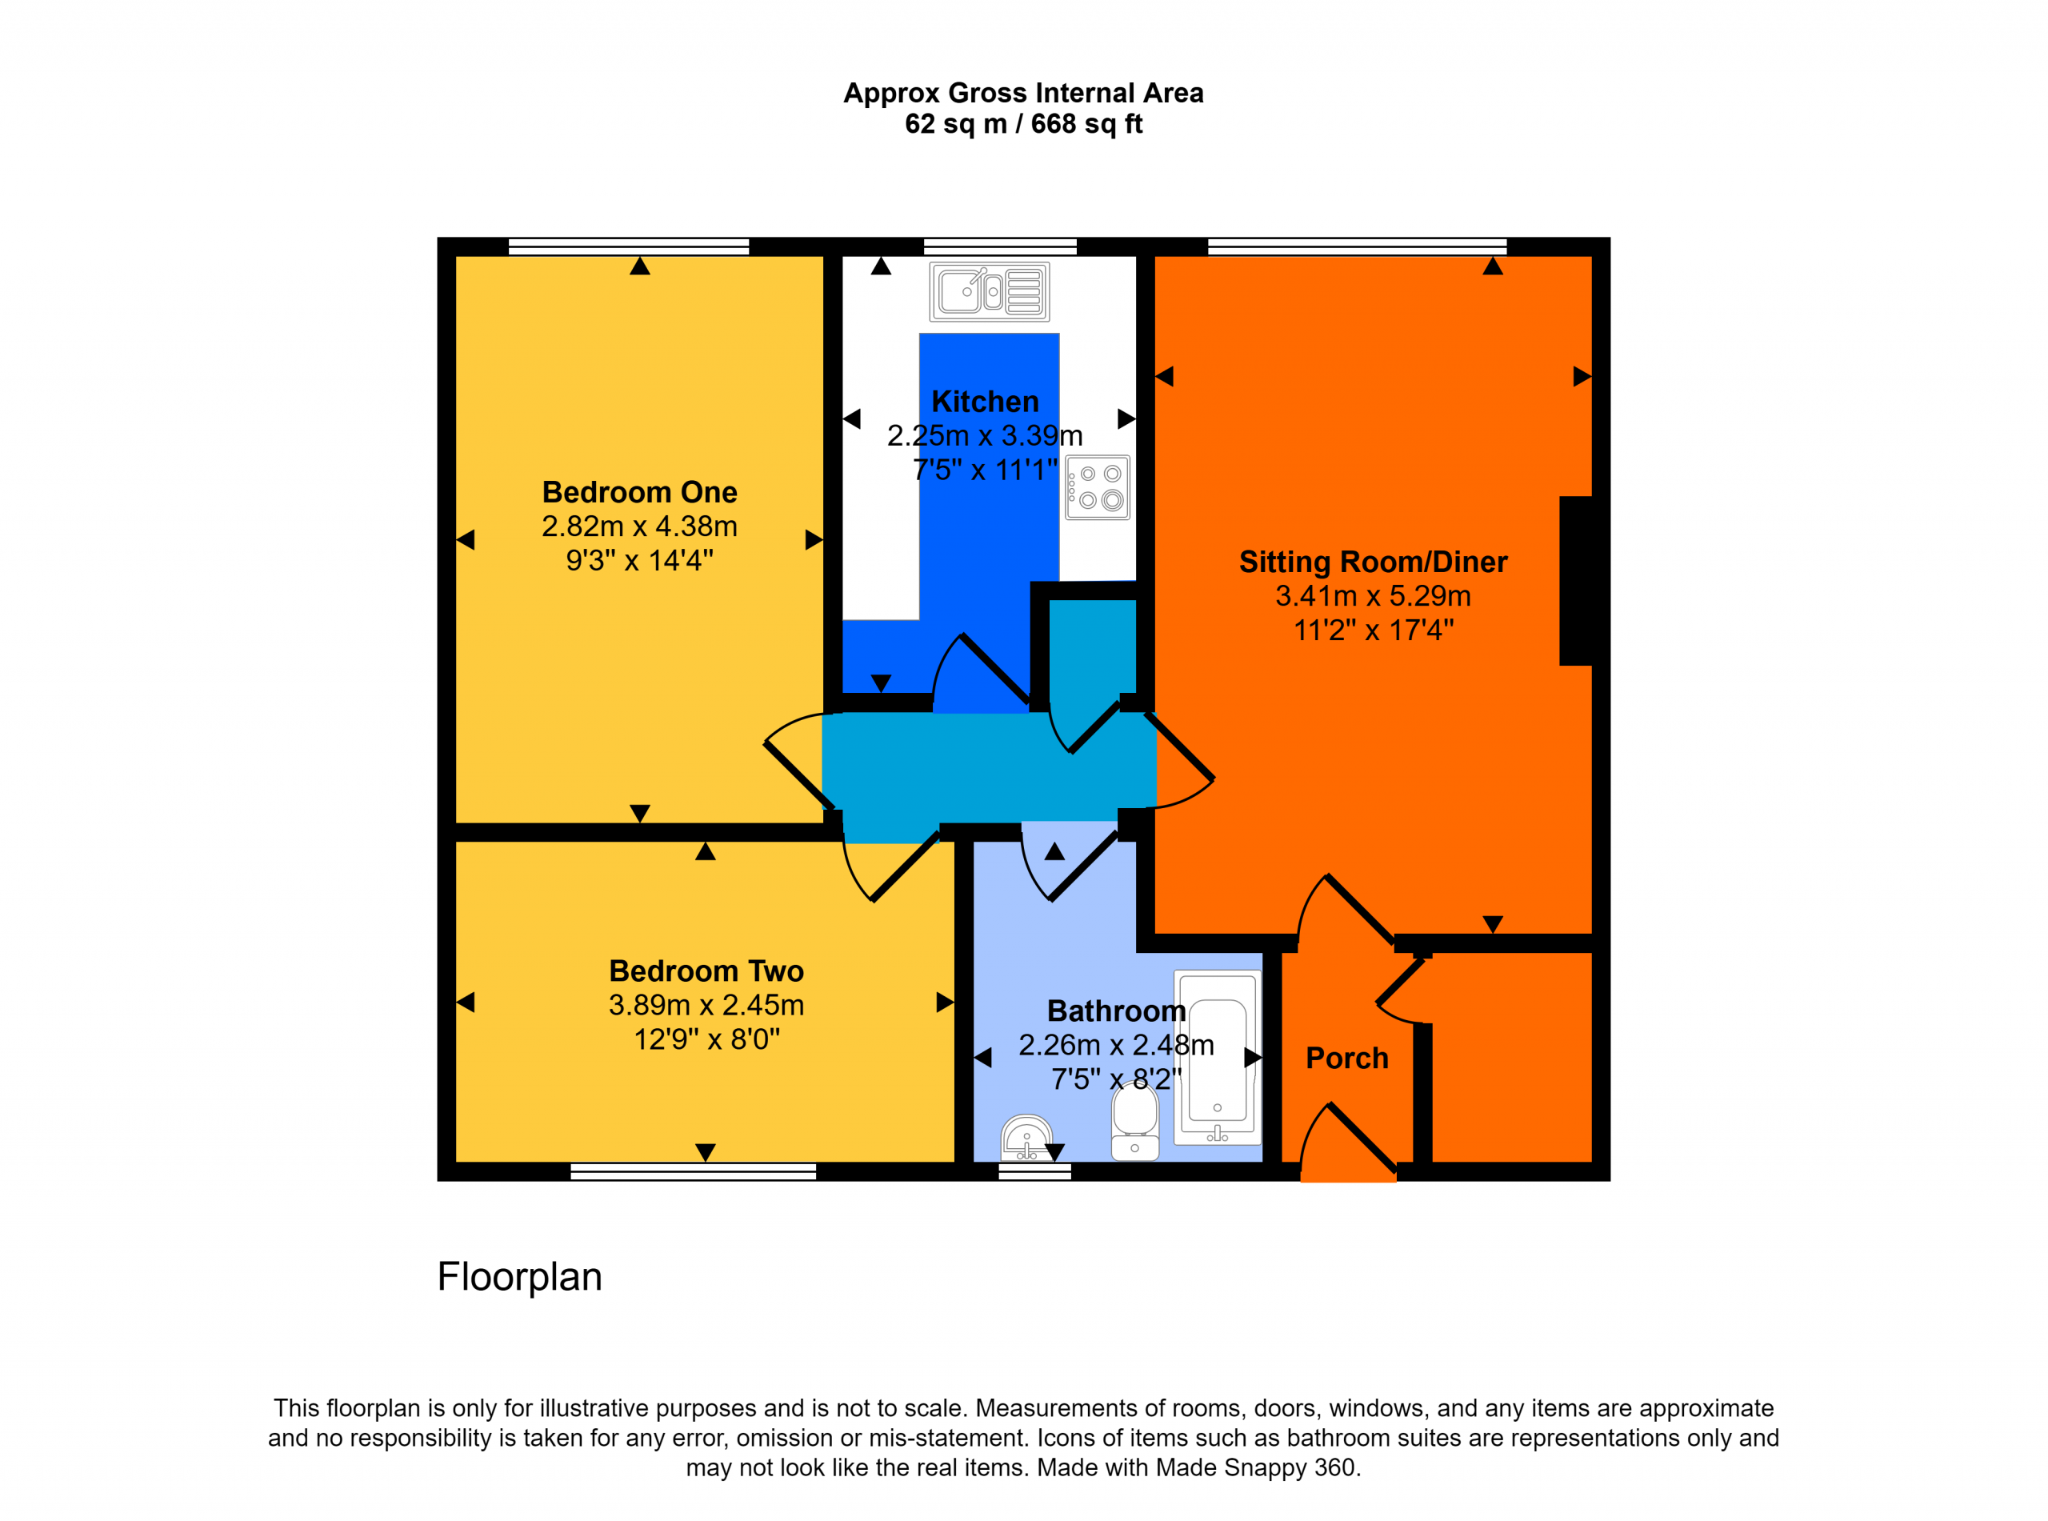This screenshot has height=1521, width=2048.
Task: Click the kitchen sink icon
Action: click(990, 292)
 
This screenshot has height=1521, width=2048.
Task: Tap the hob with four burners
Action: click(1097, 487)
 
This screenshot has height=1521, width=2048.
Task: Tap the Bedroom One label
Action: click(640, 493)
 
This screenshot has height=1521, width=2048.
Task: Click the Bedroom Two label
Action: click(706, 971)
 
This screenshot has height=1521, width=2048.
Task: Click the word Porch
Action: click(1346, 1059)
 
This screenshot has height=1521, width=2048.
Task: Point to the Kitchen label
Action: click(985, 402)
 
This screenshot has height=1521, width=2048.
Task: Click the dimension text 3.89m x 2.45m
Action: click(706, 1006)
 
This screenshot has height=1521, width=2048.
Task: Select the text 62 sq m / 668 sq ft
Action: click(1023, 124)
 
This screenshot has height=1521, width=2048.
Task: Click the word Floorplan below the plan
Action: click(520, 1277)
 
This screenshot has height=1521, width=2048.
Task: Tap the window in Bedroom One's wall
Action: click(629, 246)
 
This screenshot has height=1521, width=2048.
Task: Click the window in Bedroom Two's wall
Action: click(693, 1172)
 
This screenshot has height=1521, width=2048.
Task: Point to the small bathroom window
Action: click(1035, 1172)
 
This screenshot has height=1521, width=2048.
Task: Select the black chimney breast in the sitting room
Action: click(1576, 581)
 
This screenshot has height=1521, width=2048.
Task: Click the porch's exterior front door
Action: click(1349, 1142)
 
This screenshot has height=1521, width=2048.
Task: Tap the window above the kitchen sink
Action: click(1001, 246)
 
